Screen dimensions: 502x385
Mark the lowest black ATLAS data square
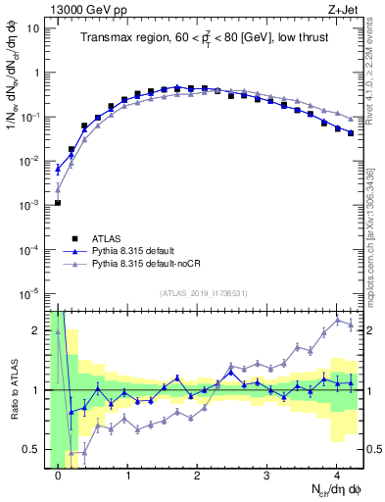(x=58, y=203)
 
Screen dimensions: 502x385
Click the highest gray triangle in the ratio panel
(x=338, y=320)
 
